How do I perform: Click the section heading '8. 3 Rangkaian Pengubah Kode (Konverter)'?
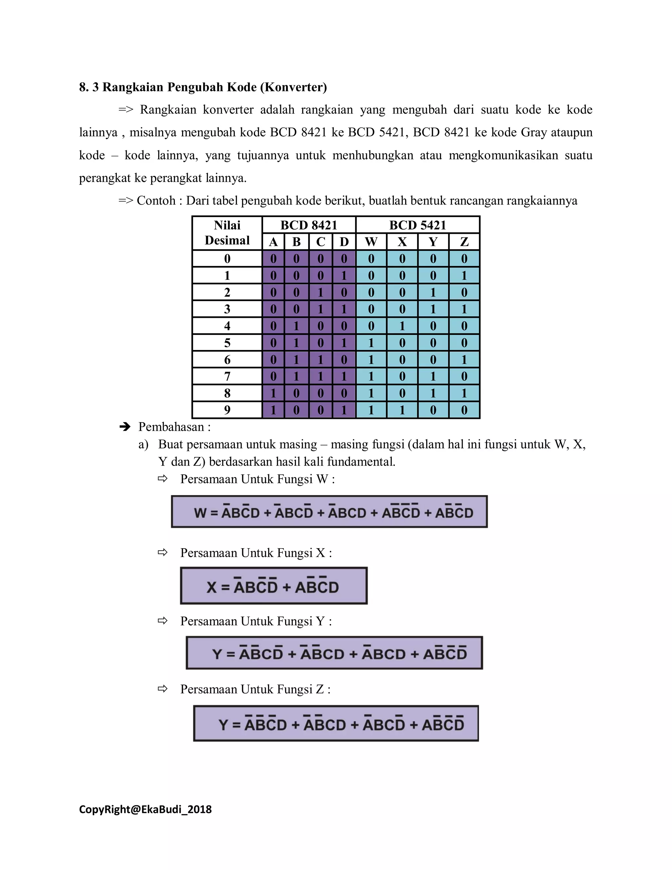point(203,87)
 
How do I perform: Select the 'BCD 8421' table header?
point(308,225)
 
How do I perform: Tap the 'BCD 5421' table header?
point(417,225)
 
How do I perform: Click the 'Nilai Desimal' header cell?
point(227,233)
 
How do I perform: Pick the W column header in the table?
point(371,242)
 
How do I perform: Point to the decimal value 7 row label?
point(227,376)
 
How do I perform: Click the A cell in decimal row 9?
point(273,410)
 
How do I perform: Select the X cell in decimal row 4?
point(402,326)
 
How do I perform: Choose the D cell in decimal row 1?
point(344,275)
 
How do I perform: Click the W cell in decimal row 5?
point(371,342)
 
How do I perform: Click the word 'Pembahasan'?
point(171,427)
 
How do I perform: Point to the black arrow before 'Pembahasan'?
point(125,427)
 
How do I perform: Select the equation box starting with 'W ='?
point(329,512)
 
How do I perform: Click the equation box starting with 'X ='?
point(274,586)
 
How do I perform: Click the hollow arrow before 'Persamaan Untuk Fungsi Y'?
point(162,620)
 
